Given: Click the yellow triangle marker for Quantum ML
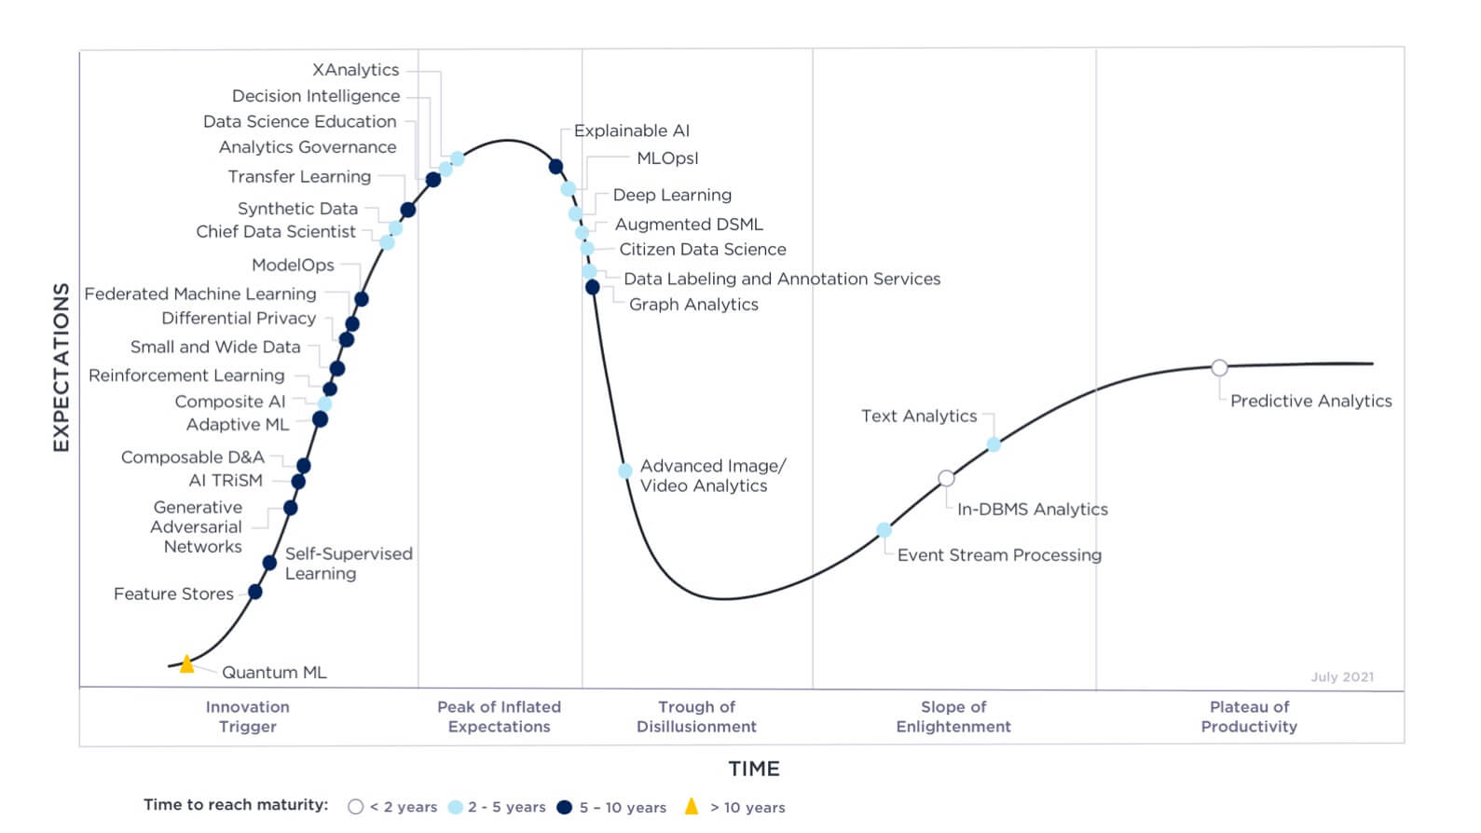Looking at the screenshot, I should (x=186, y=664).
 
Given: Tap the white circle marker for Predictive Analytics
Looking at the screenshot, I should (x=1219, y=368).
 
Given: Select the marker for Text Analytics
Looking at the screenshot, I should (x=994, y=445).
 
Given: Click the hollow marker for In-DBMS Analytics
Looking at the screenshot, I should (x=946, y=478).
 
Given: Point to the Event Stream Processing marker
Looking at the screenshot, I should (x=884, y=530).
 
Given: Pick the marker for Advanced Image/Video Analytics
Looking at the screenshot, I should (x=625, y=471).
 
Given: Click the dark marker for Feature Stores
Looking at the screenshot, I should (x=255, y=592).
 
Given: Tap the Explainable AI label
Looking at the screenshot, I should (x=632, y=130).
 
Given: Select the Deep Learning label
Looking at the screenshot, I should (x=672, y=195).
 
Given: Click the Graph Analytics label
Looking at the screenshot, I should (x=693, y=304).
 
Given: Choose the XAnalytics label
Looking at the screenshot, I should (x=355, y=70).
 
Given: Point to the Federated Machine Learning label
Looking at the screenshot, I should (x=200, y=294).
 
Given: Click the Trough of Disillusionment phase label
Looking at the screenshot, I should (x=696, y=717).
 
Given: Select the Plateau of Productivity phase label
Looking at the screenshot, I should (x=1249, y=717).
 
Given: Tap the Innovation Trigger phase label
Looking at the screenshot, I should (x=247, y=717).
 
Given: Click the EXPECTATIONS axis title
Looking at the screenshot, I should (x=62, y=367).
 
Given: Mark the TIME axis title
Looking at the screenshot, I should (x=754, y=769).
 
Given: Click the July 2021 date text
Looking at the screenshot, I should (x=1342, y=676).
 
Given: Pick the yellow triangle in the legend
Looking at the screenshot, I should (x=692, y=806).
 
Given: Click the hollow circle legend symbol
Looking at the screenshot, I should (x=355, y=807).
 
